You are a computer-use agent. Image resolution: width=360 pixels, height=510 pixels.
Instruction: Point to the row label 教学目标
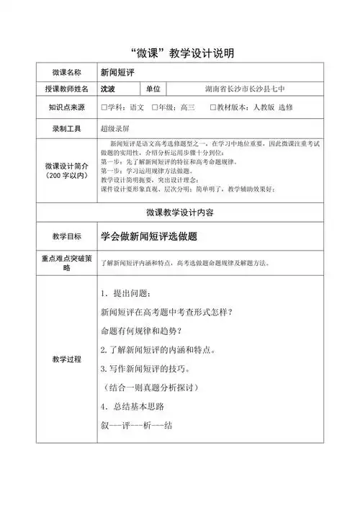click(66, 236)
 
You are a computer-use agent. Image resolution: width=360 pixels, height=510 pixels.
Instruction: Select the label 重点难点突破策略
click(66, 262)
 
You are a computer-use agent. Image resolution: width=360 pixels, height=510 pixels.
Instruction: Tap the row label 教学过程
click(66, 358)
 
